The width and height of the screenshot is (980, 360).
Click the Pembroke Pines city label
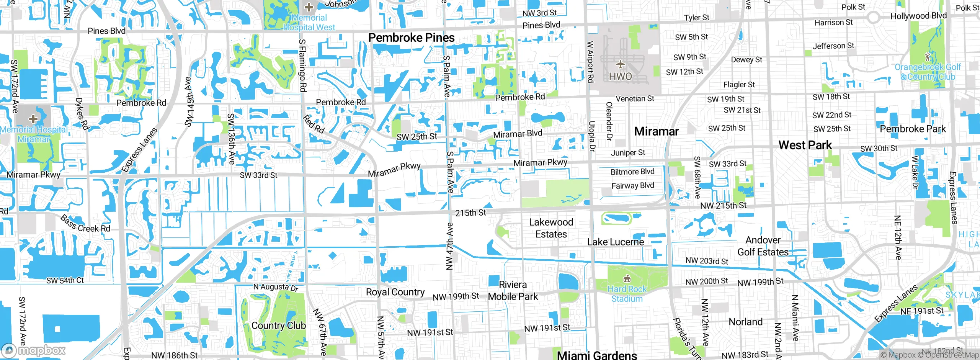click(412, 38)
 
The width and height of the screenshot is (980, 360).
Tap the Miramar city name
click(656, 131)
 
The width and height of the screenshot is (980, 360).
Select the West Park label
click(805, 145)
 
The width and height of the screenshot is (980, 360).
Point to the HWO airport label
click(621, 77)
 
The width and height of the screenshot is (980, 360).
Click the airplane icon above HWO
click(621, 64)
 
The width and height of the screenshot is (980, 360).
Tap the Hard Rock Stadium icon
click(627, 279)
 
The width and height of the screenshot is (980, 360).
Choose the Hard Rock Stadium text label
click(627, 294)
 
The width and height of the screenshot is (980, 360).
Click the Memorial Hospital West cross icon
click(309, 7)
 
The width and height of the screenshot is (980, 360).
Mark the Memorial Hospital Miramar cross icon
click(33, 119)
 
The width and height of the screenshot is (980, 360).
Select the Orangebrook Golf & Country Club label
click(928, 72)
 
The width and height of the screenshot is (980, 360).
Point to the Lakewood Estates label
click(551, 228)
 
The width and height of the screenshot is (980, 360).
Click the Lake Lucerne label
click(616, 242)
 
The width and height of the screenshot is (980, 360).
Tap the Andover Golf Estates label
click(763, 246)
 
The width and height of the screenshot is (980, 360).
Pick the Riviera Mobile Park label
click(513, 291)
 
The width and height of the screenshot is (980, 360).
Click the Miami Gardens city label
click(597, 355)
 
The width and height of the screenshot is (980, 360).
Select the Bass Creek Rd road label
click(85, 224)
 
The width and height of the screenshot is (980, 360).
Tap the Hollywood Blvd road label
click(918, 16)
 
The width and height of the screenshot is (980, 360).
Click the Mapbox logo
click(34, 350)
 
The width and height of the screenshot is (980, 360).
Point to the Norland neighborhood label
click(745, 322)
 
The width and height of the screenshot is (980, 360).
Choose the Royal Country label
click(395, 292)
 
